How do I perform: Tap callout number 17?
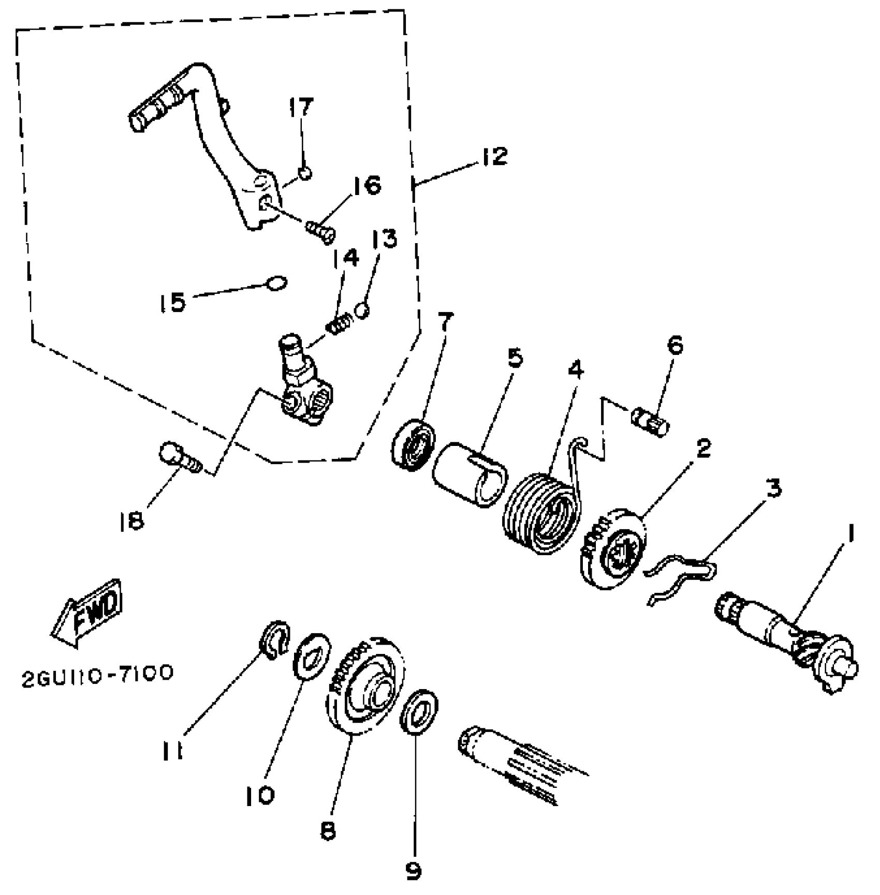coord(301,107)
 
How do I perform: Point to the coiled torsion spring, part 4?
coord(541,512)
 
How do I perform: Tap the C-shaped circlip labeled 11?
coord(274,641)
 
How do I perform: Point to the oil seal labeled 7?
coord(413,446)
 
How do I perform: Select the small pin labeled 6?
coord(650,416)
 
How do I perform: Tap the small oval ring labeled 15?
coord(276,282)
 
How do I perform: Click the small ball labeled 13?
coord(363,310)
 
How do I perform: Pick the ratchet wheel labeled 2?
coord(613,550)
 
